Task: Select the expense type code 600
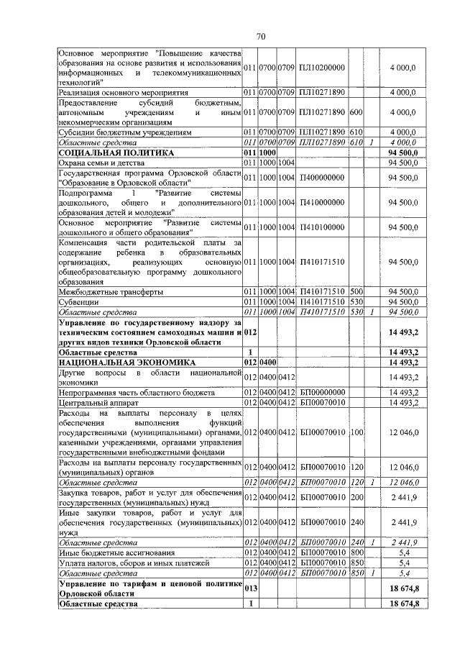[355, 112]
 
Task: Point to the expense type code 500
[355, 292]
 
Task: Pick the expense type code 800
[355, 552]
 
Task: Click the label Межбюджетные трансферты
[109, 292]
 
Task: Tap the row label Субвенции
[79, 302]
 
